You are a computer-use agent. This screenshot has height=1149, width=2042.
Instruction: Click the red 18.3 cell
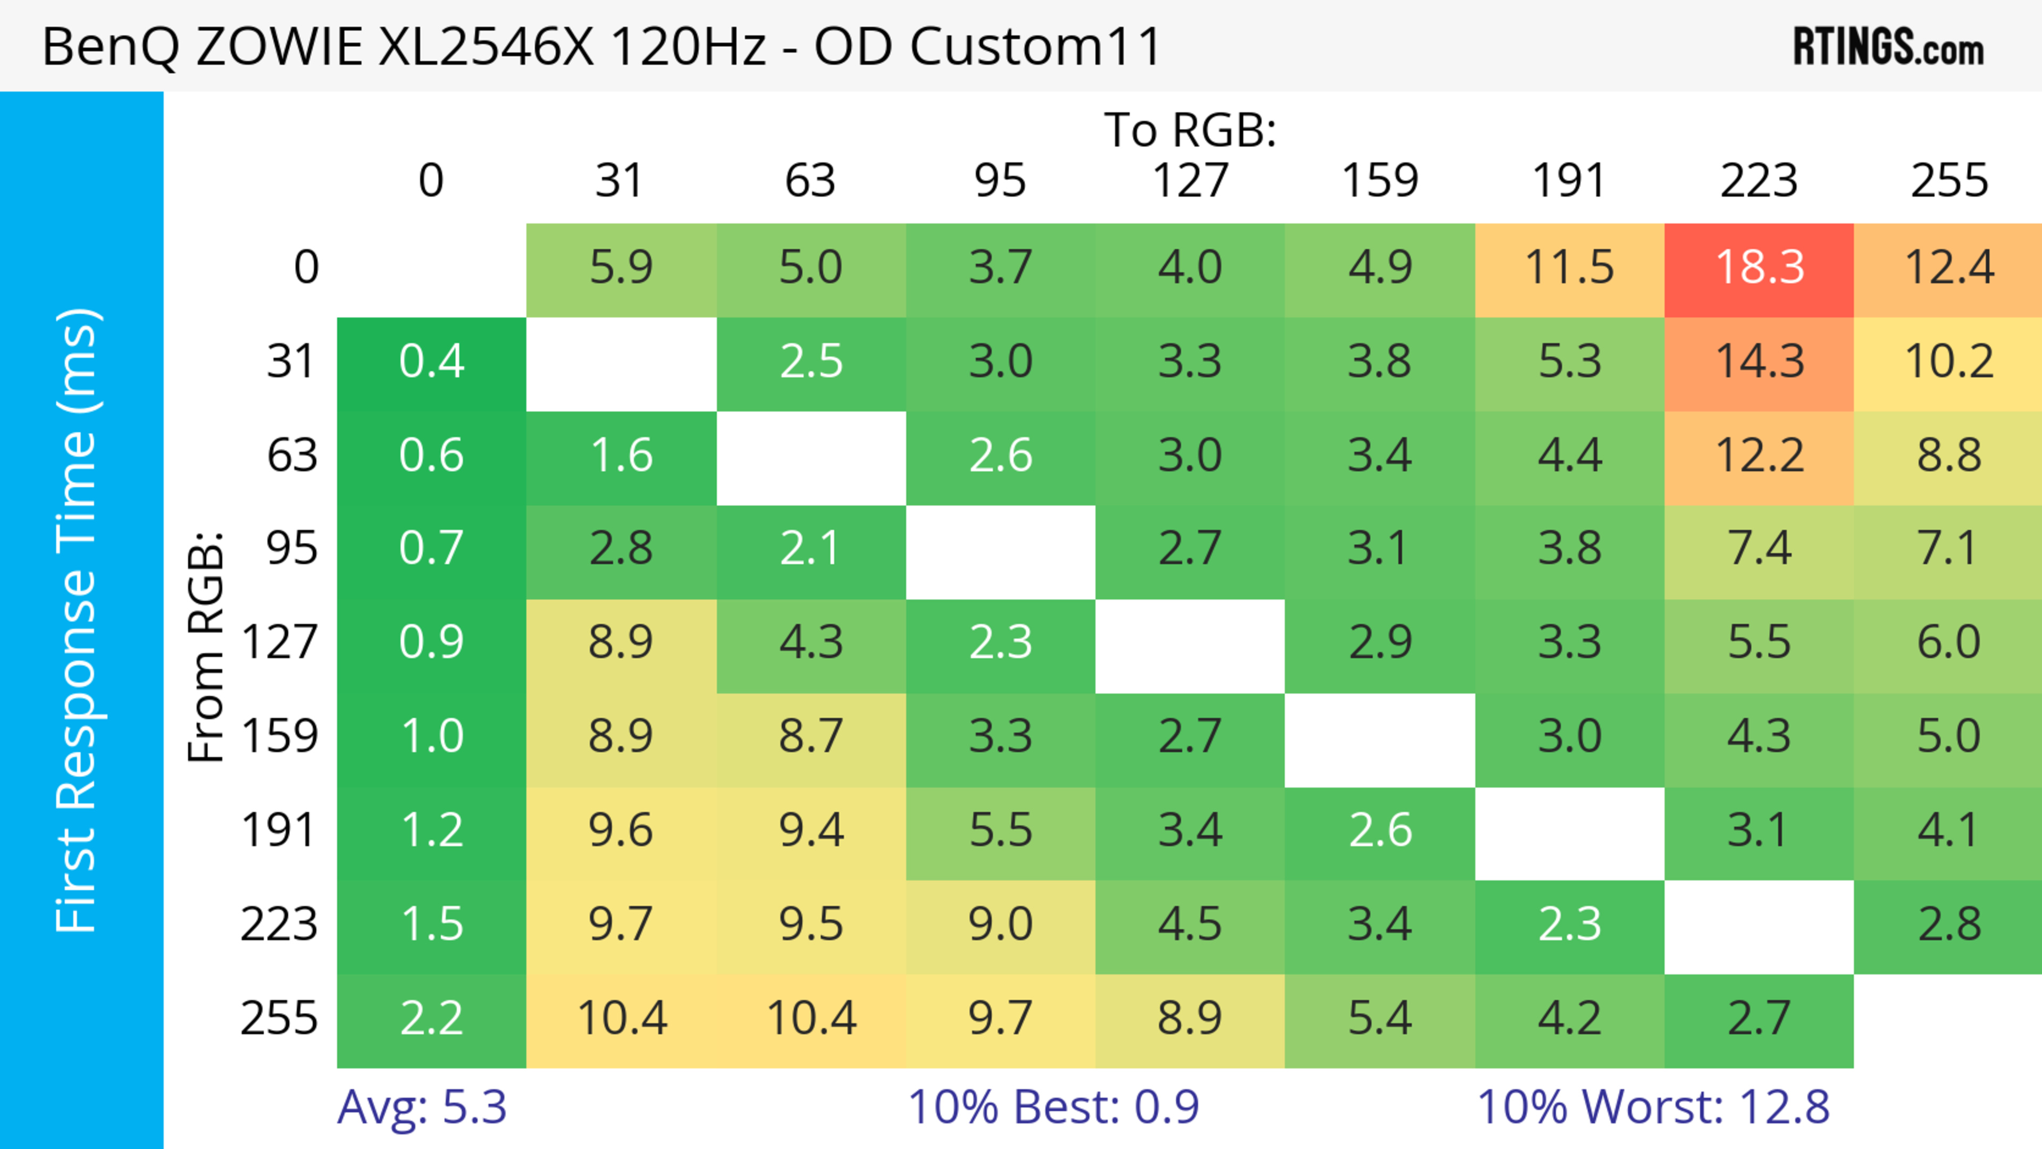coord(1759,267)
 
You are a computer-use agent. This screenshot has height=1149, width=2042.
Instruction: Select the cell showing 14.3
coord(1759,362)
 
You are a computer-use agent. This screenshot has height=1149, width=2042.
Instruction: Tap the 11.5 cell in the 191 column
coord(1570,267)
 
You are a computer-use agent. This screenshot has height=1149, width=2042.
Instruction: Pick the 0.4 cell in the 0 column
coord(431,362)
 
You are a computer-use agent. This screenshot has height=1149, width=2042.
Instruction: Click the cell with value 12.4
coord(1948,267)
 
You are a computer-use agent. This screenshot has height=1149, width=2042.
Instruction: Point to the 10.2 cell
coord(1948,362)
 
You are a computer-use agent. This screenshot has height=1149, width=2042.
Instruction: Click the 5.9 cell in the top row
coord(621,267)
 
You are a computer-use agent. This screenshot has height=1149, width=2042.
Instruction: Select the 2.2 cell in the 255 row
coord(431,1018)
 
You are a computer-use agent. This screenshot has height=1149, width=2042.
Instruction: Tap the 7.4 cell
coord(1759,548)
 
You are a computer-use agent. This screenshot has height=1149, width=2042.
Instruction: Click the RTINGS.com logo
coord(1888,47)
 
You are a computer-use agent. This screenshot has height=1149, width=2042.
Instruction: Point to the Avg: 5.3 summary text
coord(422,1107)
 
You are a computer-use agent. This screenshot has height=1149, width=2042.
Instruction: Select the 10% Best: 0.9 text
coord(1053,1107)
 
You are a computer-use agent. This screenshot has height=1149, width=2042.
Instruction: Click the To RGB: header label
coord(1190,129)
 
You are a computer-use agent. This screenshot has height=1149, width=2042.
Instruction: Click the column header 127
coord(1190,181)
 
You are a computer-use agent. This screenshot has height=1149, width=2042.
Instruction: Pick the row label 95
coord(292,548)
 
